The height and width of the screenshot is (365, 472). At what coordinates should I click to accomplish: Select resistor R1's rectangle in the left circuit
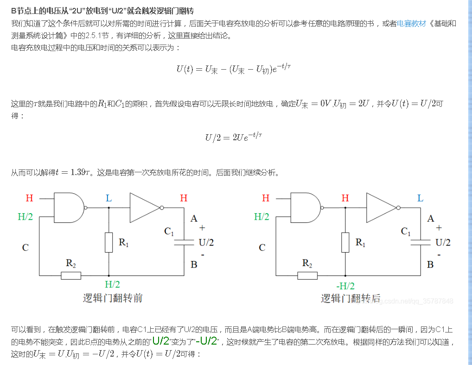pyautogui.click(x=108, y=242)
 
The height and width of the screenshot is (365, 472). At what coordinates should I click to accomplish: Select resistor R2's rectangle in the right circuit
pyautogui.click(x=307, y=275)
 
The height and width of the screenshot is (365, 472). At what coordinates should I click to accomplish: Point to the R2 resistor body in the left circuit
pyautogui.click(x=71, y=275)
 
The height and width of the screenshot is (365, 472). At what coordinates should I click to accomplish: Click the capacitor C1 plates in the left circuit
pyautogui.click(x=184, y=241)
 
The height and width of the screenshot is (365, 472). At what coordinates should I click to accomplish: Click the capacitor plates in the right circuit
pyautogui.click(x=421, y=241)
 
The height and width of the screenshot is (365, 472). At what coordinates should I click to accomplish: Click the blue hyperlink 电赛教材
pyautogui.click(x=411, y=23)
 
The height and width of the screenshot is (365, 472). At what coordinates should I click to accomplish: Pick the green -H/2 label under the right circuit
pyautogui.click(x=345, y=286)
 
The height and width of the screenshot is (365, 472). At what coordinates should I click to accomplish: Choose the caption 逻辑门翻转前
pyautogui.click(x=113, y=298)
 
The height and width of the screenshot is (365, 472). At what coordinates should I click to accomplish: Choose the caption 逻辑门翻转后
pyautogui.click(x=351, y=298)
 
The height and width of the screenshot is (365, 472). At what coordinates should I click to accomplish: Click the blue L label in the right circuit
pyautogui.click(x=420, y=198)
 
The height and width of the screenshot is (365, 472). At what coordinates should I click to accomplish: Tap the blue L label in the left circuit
pyautogui.click(x=108, y=198)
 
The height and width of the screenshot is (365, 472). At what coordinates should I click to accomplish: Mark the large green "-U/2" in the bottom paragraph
pyautogui.click(x=206, y=341)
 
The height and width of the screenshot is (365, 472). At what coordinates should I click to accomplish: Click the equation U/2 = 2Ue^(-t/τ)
pyautogui.click(x=234, y=137)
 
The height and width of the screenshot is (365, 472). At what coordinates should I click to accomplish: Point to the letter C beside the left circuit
pyautogui.click(x=26, y=248)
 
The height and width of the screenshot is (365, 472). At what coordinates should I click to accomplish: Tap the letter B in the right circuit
pyautogui.click(x=430, y=264)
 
